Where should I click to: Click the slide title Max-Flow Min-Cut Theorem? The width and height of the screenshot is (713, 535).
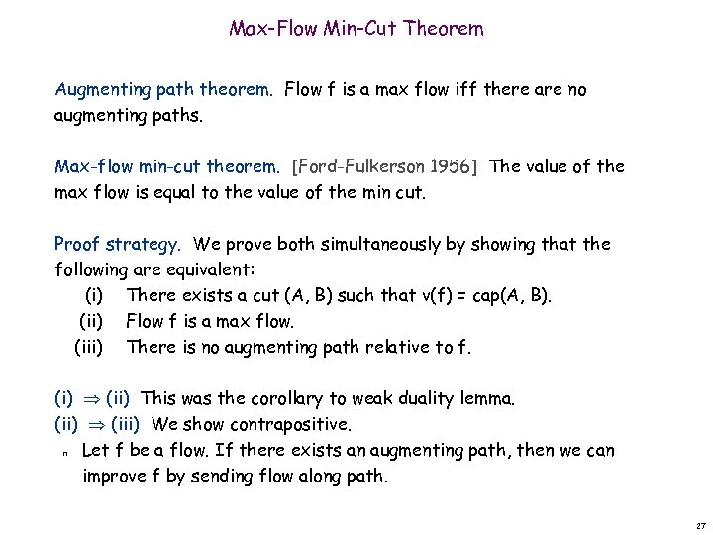click(x=356, y=29)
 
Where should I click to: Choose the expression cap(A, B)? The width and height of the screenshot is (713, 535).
click(x=514, y=295)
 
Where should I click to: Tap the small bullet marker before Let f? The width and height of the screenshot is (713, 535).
click(x=64, y=453)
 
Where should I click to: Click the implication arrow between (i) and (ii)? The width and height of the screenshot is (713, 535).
click(x=88, y=399)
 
